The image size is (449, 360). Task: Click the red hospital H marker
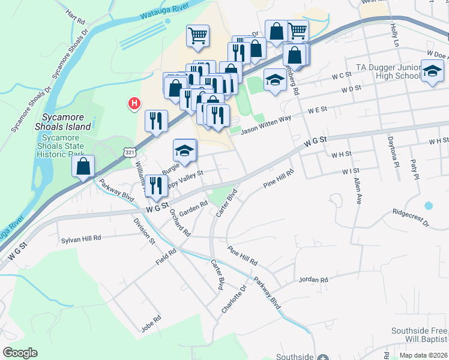(x=134, y=104)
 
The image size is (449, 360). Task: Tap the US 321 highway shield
(x=130, y=153)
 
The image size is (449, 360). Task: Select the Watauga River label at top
(x=163, y=11)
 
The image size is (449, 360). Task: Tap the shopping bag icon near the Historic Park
(x=83, y=166)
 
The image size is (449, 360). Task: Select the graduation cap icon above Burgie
(x=185, y=150)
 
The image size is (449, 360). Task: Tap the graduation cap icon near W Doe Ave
(x=431, y=73)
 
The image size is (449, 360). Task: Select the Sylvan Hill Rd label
(x=82, y=240)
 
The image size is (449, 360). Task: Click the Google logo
(x=20, y=353)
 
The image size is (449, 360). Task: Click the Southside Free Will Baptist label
(x=419, y=335)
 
